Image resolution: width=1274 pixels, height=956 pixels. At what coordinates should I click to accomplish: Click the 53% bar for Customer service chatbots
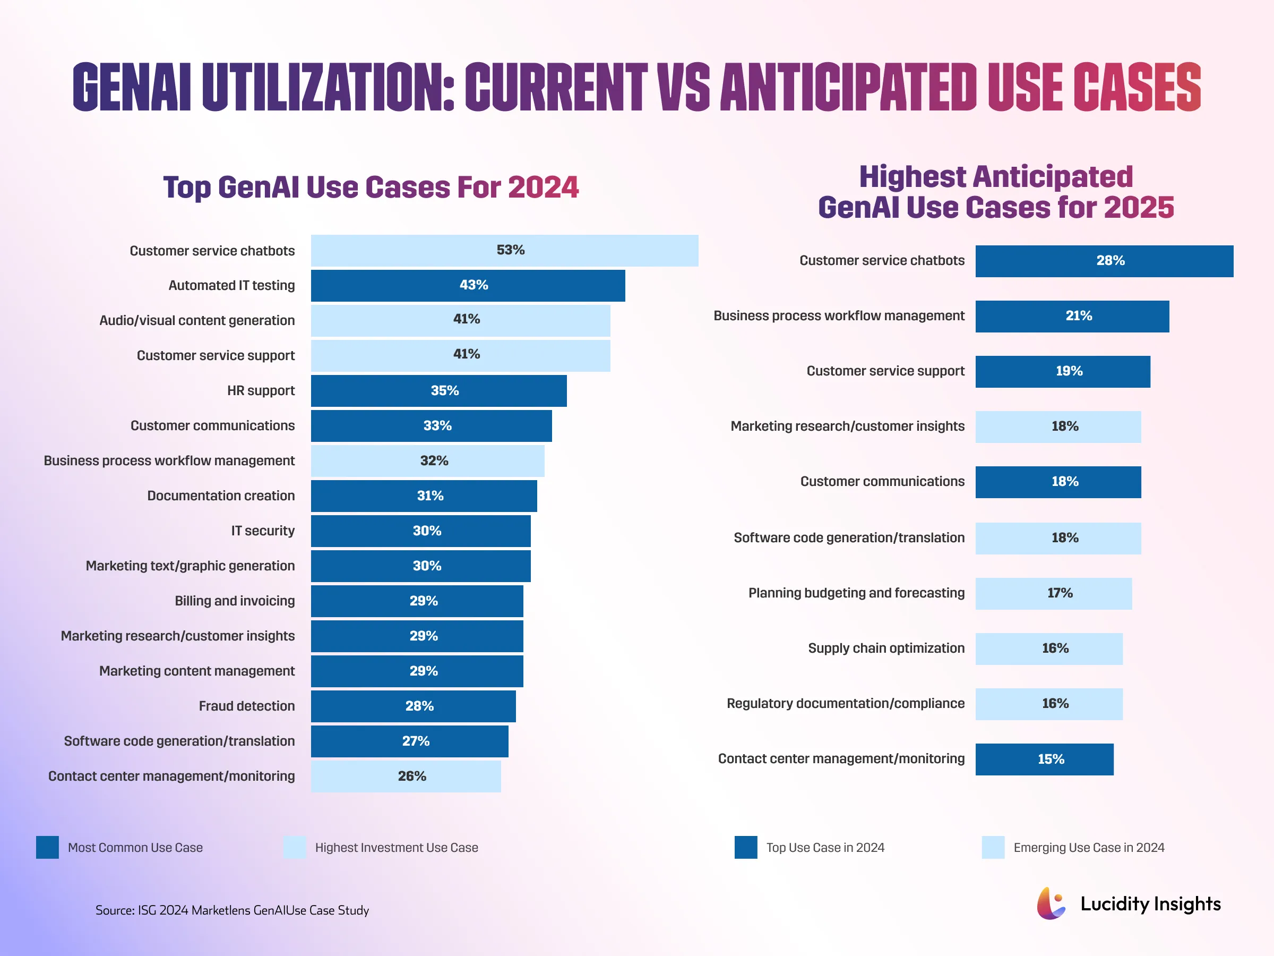click(x=504, y=251)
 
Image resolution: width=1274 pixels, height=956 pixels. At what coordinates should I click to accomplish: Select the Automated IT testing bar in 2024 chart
click(x=468, y=286)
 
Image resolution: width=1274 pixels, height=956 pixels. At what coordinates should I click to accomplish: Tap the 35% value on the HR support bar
click(x=445, y=391)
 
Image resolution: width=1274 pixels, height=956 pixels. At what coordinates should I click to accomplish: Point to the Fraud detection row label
click(x=246, y=706)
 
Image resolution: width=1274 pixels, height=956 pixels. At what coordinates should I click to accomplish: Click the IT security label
click(x=263, y=531)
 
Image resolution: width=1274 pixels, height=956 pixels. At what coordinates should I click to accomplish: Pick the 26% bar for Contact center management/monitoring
click(x=406, y=776)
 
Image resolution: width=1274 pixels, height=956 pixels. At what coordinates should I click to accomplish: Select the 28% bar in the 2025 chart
click(x=1104, y=261)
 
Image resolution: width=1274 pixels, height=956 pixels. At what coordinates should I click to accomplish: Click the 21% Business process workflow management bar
click(x=1072, y=317)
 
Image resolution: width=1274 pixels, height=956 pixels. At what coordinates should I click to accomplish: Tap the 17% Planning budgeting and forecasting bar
click(x=1053, y=594)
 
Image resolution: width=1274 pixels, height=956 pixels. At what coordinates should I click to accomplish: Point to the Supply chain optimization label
click(x=886, y=648)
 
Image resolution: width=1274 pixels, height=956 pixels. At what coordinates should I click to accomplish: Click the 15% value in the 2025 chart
click(x=1051, y=759)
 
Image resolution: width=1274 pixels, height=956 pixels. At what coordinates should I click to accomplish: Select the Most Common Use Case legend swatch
click(x=47, y=848)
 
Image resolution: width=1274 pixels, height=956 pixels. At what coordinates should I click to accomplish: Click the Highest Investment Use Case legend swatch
click(x=294, y=848)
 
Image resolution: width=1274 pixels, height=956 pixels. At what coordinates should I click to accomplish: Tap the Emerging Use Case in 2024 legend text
click(x=1089, y=848)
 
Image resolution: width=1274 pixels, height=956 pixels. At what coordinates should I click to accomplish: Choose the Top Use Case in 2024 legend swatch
click(x=746, y=848)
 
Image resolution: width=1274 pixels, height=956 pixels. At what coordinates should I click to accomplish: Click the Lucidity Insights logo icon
click(x=1051, y=903)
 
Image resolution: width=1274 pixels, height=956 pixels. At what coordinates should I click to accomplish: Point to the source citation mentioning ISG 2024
click(x=232, y=910)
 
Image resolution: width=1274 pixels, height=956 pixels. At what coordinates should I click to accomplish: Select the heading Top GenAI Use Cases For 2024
click(x=371, y=187)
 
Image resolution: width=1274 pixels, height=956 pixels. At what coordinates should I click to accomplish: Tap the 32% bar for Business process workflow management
click(x=427, y=461)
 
